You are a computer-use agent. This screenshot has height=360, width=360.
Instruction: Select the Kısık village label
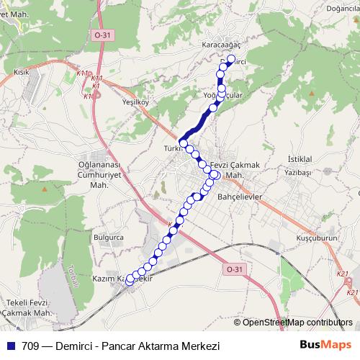click(x=21, y=72)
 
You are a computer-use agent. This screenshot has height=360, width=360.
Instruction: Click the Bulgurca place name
click(x=109, y=236)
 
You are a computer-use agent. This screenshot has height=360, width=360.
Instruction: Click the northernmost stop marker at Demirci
click(x=231, y=59)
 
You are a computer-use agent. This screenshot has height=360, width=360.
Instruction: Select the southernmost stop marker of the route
click(x=130, y=282)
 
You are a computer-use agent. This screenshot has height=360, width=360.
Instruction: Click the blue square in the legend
click(x=9, y=344)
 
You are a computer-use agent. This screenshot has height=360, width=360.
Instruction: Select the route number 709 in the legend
click(x=31, y=344)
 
